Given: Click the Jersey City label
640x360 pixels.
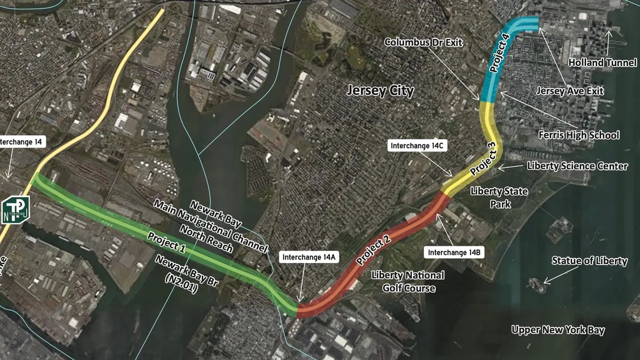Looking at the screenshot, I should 380,90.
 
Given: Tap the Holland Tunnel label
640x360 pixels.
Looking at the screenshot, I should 602,62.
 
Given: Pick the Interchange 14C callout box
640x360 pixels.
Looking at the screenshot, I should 417,145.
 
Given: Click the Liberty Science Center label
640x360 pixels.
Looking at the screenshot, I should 577,166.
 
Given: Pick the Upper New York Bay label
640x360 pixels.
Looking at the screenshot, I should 558,330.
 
